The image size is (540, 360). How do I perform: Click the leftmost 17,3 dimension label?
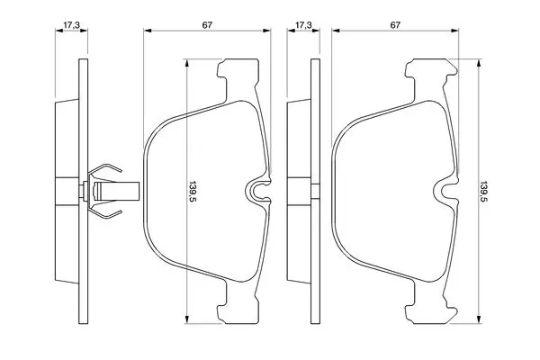72,25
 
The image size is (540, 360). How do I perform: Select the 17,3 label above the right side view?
304,25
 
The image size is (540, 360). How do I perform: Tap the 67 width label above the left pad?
207,25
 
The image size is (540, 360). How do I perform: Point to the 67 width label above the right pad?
395,25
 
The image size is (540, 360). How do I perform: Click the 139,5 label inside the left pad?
193,191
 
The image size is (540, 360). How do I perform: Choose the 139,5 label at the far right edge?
484,191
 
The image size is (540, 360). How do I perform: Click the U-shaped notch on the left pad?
258,192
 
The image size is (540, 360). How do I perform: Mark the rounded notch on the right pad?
447,192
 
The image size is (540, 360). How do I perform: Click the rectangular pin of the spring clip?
116,191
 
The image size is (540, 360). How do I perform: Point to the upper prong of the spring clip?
104,171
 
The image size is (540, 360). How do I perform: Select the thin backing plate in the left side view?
84,191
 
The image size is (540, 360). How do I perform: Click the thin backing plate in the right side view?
316,191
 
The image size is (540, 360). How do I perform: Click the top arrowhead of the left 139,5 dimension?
186,63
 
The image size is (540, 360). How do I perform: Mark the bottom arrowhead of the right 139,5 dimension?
478,319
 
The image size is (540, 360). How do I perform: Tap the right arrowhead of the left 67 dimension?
266,31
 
